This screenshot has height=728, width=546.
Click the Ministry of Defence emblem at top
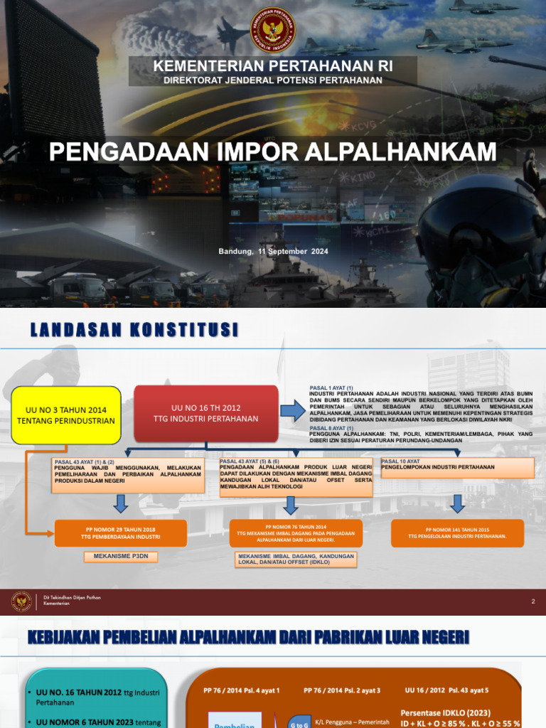click(273, 31)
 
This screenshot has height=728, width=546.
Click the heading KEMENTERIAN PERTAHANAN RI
click(273, 66)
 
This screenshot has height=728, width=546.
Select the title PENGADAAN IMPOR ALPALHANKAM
click(272, 151)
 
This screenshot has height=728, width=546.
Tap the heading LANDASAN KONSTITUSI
click(134, 330)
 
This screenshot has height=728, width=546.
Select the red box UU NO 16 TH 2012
click(206, 413)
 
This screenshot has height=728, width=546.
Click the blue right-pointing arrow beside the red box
click(291, 410)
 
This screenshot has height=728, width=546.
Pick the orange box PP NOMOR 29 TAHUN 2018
click(121, 533)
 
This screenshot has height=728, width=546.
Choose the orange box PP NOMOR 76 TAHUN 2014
click(296, 533)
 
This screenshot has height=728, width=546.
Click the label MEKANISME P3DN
click(120, 557)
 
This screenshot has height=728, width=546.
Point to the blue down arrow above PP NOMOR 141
click(458, 503)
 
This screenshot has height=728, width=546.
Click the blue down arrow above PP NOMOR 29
click(121, 504)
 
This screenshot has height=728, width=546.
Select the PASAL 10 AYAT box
click(457, 467)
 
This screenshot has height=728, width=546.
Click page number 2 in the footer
click(532, 602)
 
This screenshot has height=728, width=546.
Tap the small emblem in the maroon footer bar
click(21, 601)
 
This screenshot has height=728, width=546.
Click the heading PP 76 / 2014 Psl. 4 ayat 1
click(242, 690)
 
